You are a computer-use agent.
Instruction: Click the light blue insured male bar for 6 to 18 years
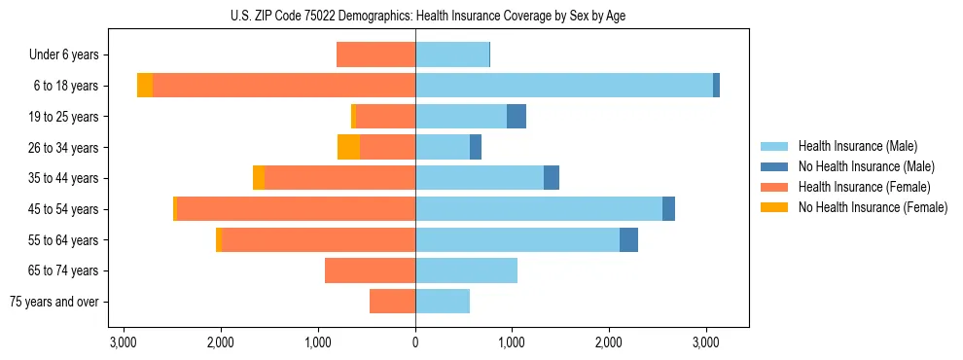coord(564,86)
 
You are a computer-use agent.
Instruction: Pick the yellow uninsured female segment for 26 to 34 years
coord(348,147)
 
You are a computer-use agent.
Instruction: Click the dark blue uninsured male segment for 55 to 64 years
coord(628,239)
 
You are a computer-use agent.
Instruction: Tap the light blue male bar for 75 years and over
coord(443,302)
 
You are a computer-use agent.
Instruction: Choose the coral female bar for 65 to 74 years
coord(370,270)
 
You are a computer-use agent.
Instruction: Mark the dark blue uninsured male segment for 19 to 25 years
coord(517,117)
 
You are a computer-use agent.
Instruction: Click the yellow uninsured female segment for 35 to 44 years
coord(259,178)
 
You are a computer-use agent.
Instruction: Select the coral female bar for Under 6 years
coord(375,55)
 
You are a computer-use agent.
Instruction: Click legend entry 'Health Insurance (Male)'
coord(857,147)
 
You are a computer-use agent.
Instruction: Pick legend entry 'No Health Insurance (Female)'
coord(873,207)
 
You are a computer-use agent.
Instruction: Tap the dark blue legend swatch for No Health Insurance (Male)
coord(775,167)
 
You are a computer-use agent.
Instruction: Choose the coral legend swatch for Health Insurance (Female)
coord(775,187)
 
